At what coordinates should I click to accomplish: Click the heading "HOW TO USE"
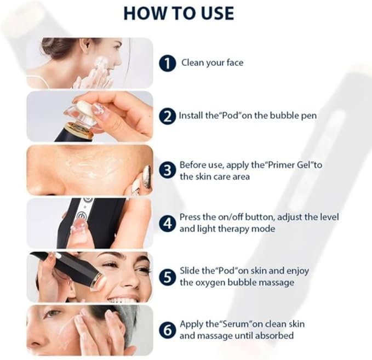(x=179, y=13)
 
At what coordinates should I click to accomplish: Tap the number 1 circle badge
(x=167, y=64)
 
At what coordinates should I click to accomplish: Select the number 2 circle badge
(x=167, y=116)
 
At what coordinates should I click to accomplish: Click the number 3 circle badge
(x=167, y=170)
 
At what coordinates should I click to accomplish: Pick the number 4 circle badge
(x=167, y=224)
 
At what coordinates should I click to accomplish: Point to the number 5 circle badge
(x=167, y=277)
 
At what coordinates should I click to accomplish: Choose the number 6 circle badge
(x=167, y=330)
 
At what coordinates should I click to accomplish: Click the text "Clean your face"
(x=213, y=63)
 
